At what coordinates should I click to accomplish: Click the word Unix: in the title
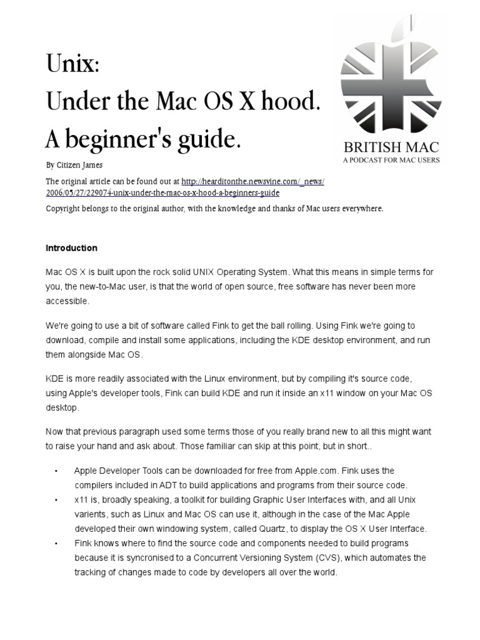click(x=72, y=63)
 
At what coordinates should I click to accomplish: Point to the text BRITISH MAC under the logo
click(x=391, y=148)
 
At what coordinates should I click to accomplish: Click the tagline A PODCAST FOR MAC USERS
click(x=391, y=160)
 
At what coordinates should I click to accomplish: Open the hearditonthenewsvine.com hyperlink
click(x=252, y=181)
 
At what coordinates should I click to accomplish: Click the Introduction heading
click(x=71, y=248)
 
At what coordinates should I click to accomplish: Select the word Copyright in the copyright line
click(x=64, y=209)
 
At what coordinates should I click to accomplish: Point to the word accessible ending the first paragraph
click(x=67, y=301)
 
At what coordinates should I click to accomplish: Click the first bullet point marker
click(x=57, y=471)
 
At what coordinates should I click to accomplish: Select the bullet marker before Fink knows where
click(x=57, y=543)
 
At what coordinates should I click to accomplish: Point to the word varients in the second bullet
click(x=91, y=514)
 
